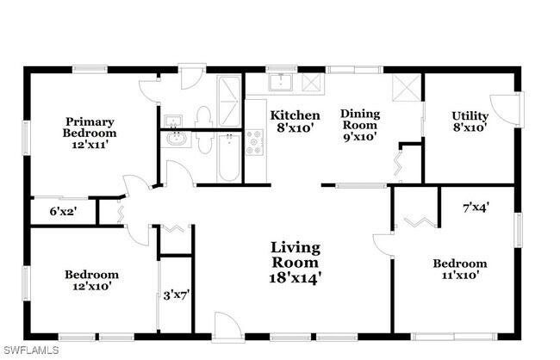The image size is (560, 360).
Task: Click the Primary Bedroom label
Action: coord(90,133)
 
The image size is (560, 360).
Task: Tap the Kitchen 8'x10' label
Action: coord(295,121)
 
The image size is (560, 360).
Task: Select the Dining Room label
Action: coord(360,126)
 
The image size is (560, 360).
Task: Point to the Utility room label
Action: coord(470,121)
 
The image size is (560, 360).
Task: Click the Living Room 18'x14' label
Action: coord(295,263)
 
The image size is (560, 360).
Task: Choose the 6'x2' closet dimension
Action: coord(63,211)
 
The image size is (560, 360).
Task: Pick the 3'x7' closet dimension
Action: coord(176,295)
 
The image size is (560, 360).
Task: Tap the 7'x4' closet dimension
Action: coord(476,208)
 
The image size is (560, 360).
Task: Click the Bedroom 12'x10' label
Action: coord(92,281)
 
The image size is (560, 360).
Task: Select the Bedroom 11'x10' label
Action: coord(460,270)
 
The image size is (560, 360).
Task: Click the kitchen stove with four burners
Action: coord(254,142)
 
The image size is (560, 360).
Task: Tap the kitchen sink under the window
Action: coord(281,83)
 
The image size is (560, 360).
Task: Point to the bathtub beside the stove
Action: coord(228,158)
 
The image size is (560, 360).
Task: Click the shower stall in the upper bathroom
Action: coord(229,102)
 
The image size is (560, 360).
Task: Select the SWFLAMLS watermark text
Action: coord(30,350)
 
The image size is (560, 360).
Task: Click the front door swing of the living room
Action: coord(228,326)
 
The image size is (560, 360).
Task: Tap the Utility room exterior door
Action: coord(505,109)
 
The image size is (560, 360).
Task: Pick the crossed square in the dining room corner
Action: coord(407,88)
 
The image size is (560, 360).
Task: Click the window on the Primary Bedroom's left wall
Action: coord(26,138)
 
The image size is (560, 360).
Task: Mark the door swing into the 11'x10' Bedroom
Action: coord(383,245)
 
